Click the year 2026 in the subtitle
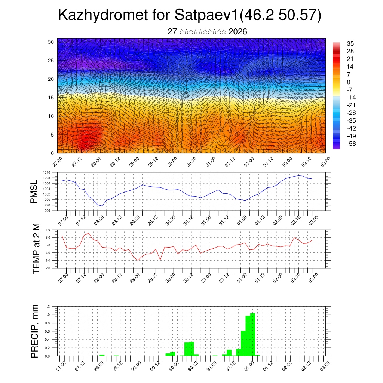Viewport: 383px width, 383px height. point(238,32)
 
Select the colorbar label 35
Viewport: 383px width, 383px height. point(350,43)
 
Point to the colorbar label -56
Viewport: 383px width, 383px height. point(351,144)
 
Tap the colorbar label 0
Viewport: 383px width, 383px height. point(349,82)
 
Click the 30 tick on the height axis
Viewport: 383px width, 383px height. point(51,42)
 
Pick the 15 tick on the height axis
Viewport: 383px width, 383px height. point(51,98)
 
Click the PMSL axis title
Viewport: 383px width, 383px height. point(34,192)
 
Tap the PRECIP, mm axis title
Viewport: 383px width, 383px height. point(35,331)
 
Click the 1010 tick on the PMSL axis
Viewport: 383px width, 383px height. point(48,173)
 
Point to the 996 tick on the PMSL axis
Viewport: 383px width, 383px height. point(48,211)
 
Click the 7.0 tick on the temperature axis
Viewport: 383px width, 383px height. point(48,230)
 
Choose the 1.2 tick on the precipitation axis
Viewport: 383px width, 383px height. point(48,306)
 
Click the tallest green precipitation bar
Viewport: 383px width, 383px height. point(252,334)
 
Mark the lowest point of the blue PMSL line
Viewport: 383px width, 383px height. point(102,206)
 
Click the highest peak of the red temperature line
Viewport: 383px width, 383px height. point(89,233)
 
